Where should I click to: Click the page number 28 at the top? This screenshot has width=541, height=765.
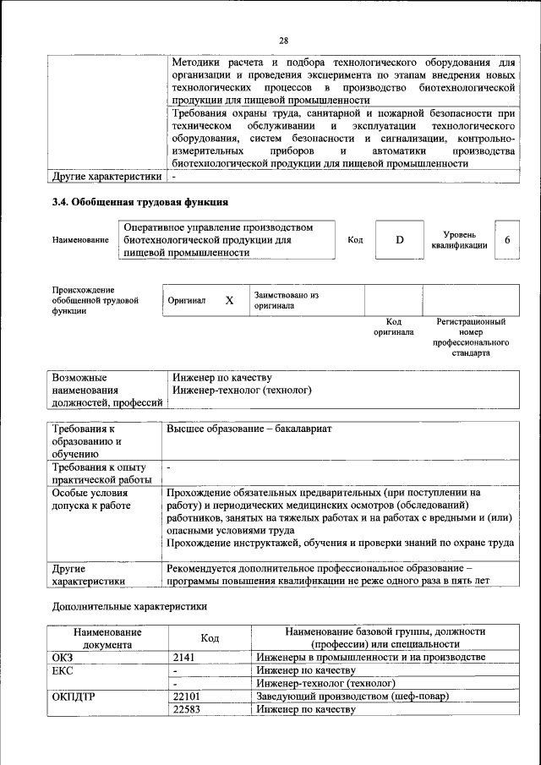click(x=284, y=40)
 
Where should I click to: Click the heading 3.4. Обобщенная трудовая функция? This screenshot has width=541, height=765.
click(x=140, y=202)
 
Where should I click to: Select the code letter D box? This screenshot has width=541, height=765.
click(x=400, y=240)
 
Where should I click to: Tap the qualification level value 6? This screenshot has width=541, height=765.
click(x=507, y=240)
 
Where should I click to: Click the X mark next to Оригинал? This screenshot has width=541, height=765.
click(x=228, y=300)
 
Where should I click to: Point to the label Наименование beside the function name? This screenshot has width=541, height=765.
click(x=80, y=240)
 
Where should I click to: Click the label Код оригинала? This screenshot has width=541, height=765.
click(x=394, y=327)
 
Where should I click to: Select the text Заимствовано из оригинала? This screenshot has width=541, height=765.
click(x=286, y=300)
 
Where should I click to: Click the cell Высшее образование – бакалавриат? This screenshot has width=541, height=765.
click(x=249, y=429)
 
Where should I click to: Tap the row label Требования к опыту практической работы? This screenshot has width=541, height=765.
click(x=100, y=473)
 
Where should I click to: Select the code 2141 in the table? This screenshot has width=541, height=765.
click(x=184, y=657)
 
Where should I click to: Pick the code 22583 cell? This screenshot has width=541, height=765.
click(x=189, y=709)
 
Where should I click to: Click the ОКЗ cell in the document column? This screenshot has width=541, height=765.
click(x=63, y=657)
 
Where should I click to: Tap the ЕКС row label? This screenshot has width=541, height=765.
click(x=63, y=669)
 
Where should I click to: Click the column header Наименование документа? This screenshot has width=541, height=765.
click(x=107, y=637)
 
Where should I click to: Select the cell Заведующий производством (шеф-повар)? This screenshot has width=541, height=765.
click(x=351, y=696)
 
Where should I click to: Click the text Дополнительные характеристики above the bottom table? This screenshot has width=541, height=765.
click(x=128, y=606)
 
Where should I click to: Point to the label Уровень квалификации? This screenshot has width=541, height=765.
click(x=458, y=240)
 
